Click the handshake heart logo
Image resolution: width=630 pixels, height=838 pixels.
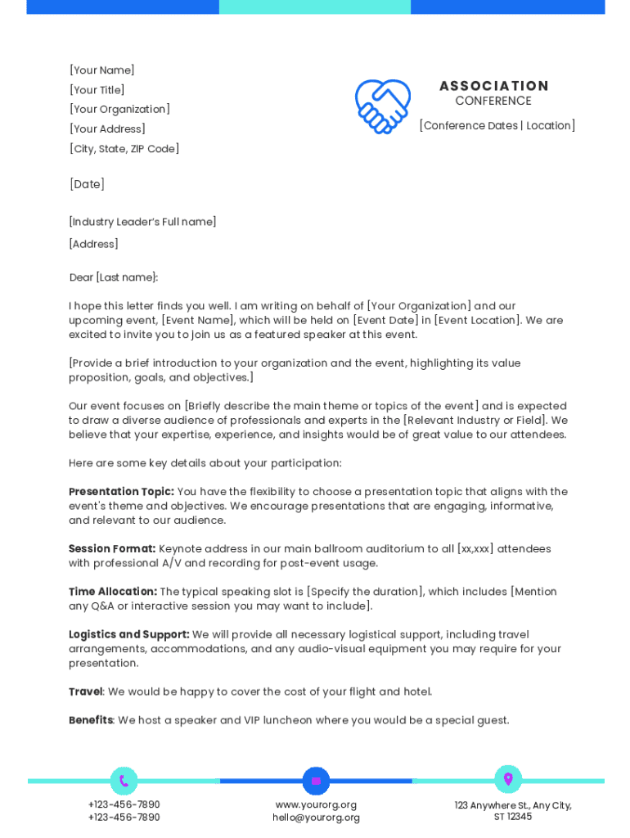click(382, 106)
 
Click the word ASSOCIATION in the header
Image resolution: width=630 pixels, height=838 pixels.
click(493, 86)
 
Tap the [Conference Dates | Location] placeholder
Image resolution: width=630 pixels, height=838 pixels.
click(497, 125)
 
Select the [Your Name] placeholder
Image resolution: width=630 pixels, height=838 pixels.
click(102, 70)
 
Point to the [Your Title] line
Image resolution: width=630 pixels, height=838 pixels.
click(97, 90)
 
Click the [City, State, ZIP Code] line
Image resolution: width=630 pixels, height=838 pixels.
click(124, 149)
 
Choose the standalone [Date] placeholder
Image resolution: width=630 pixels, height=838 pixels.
click(87, 184)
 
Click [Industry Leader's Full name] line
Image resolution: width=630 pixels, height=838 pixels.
click(142, 222)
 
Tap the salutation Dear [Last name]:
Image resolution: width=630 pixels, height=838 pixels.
click(114, 277)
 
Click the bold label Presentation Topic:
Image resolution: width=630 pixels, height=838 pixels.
click(121, 492)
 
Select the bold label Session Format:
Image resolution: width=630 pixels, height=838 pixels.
click(112, 548)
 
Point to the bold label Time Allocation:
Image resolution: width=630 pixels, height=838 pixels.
click(113, 592)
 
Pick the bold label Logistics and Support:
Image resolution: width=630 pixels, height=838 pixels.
click(129, 634)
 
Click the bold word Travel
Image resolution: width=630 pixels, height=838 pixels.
click(85, 692)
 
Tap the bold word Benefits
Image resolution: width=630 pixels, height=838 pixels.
click(90, 720)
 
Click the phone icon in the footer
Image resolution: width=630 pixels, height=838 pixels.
click(124, 781)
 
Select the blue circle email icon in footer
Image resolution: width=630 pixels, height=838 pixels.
click(316, 781)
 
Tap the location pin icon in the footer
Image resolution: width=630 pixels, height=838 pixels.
click(508, 779)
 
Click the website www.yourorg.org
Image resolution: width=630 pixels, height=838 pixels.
click(316, 805)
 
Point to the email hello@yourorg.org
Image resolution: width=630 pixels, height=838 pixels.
click(316, 818)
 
